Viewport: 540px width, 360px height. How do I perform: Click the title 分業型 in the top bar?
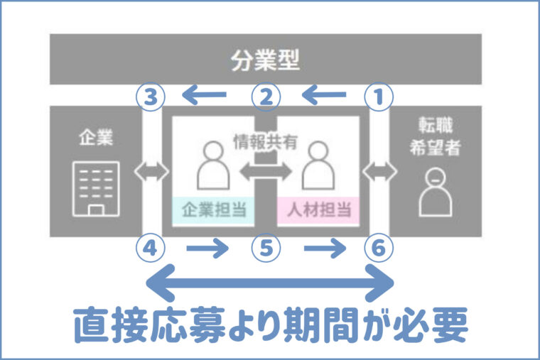coord(265,61)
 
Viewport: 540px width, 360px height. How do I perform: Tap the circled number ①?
coord(378,97)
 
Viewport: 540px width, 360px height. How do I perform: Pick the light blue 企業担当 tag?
coord(212,210)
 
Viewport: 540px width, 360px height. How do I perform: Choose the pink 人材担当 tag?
coord(317,210)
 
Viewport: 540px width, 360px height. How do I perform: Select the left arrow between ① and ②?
coord(323,94)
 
